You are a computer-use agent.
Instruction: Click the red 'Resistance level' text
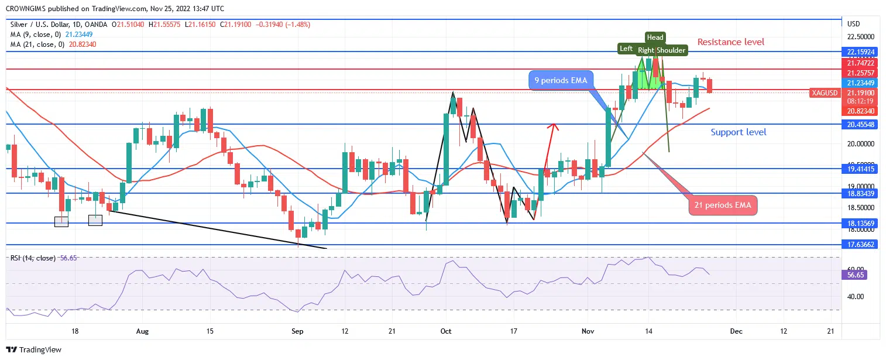(x=730, y=42)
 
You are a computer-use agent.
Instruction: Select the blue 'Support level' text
(x=738, y=132)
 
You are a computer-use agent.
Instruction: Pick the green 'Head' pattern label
(x=655, y=37)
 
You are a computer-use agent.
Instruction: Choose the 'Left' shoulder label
(x=626, y=49)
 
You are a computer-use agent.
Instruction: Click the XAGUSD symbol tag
(x=825, y=93)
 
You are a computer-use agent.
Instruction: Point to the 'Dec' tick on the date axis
(x=736, y=331)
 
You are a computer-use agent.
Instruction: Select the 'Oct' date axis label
(x=446, y=331)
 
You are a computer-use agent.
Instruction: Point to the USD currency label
(x=853, y=24)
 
